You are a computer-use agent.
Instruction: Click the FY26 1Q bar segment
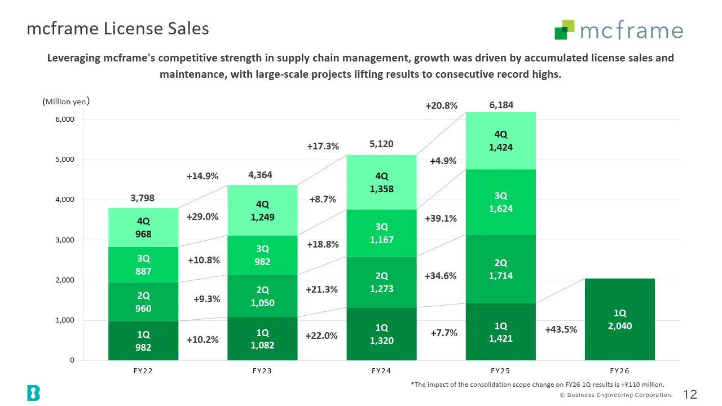coord(619,319)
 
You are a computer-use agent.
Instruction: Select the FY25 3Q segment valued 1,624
coord(500,202)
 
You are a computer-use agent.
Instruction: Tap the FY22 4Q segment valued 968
coord(143,227)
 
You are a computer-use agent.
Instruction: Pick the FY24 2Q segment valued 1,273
coord(381,282)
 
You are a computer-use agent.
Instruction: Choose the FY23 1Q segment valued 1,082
coord(262,339)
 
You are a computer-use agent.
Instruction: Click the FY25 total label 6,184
coord(501,105)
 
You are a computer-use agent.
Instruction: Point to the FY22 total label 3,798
coord(142,198)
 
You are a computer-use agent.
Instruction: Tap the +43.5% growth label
coord(561,329)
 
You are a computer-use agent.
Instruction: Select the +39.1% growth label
coord(441,218)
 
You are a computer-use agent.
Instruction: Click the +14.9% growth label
coord(202,176)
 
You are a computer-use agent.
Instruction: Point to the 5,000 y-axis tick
coord(65,160)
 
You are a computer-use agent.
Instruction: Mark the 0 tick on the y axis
coord(72,360)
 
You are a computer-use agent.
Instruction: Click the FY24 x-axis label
coord(381,371)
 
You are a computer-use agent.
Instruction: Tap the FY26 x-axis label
coord(619,371)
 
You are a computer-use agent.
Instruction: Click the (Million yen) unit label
coord(66,101)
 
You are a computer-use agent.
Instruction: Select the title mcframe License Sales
coord(118,28)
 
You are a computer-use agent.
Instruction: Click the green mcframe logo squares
coord(565,30)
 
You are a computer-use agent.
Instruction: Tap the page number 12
coord(690,394)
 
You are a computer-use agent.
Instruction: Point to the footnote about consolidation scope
coord(538,385)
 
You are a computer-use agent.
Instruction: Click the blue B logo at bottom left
coord(33,393)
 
